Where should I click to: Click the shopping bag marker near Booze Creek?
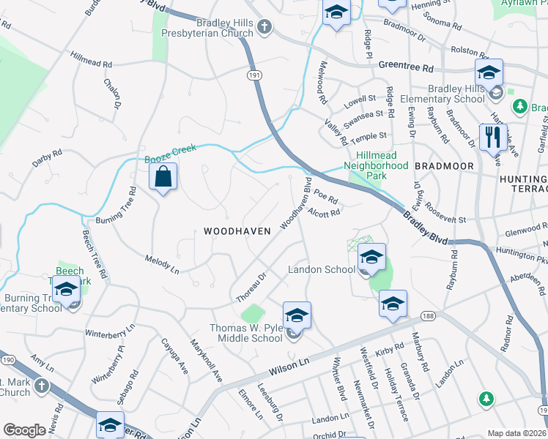pyautogui.click(x=163, y=177)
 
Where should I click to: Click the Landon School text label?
pyautogui.click(x=321, y=269)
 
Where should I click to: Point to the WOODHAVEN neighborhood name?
pyautogui.click(x=237, y=230)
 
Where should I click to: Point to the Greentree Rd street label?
pyautogui.click(x=406, y=67)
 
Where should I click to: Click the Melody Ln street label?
pyautogui.click(x=162, y=264)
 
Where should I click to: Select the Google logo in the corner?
pyautogui.click(x=24, y=430)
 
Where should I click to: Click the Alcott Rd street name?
pyautogui.click(x=325, y=213)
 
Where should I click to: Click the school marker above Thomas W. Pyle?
pyautogui.click(x=297, y=316)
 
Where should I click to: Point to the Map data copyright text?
pyautogui.click(x=517, y=433)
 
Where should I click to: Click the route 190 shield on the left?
pyautogui.click(x=7, y=361)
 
